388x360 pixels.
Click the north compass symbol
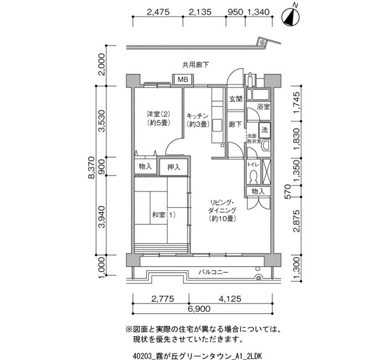[291, 17]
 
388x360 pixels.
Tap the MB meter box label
[183, 80]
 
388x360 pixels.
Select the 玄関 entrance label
[236, 99]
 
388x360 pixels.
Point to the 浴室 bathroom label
[263, 107]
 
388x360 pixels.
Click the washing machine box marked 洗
[265, 130]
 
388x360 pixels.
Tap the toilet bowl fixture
[253, 177]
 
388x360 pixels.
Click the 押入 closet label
[173, 167]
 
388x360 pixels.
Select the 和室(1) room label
[164, 215]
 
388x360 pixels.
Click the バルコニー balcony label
[213, 272]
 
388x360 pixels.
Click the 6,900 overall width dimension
[199, 309]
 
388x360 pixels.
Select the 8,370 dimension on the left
[91, 167]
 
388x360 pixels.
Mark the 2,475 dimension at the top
[158, 12]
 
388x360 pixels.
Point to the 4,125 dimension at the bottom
[229, 299]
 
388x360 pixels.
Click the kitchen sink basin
[218, 125]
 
